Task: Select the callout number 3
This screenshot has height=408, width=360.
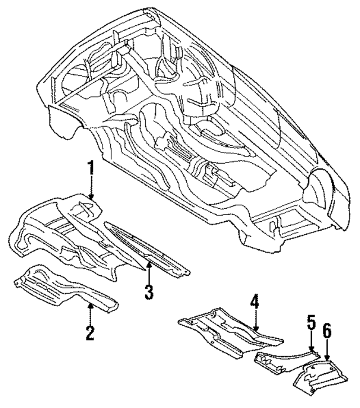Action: coord(148,292)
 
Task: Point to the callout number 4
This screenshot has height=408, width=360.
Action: coord(255,304)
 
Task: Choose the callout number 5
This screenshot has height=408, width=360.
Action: coord(311,325)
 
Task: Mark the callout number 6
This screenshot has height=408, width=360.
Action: coord(326,330)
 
